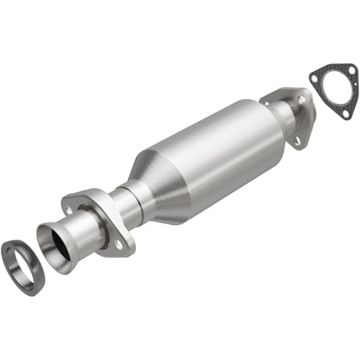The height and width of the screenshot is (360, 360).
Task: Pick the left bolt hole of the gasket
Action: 318,80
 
